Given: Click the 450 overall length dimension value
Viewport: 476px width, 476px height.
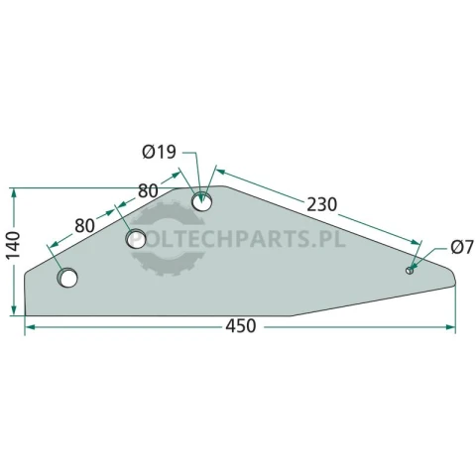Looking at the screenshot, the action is point(241,326).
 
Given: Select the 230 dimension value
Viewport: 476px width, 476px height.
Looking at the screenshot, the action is point(321,204).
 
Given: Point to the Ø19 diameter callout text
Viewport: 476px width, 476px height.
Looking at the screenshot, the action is point(160,153).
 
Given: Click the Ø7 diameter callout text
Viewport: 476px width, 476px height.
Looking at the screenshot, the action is point(462,247).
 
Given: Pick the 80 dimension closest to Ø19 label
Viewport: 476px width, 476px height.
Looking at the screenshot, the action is point(148,191).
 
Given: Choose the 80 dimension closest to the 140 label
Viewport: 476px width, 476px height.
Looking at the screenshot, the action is point(85,226).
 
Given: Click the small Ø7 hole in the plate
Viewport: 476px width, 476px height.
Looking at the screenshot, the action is point(410,270).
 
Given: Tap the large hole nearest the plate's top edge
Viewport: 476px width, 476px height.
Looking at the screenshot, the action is point(202,201).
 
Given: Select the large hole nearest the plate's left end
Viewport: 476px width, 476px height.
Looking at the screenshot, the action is point(67,278).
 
